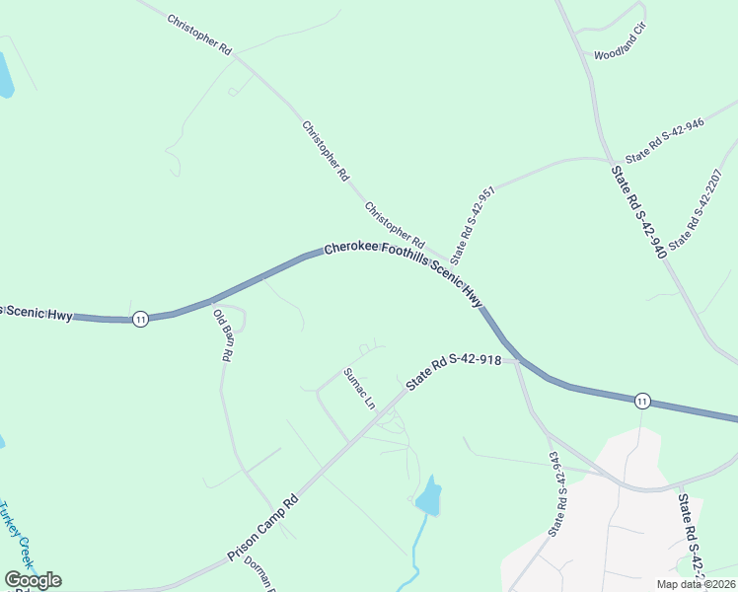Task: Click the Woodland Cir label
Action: click(x=619, y=55)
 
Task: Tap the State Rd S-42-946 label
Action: click(x=664, y=140)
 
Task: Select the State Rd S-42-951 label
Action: click(x=473, y=222)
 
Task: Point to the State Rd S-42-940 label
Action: click(x=638, y=213)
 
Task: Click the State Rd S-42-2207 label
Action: click(x=697, y=208)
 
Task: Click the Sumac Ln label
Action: click(x=359, y=389)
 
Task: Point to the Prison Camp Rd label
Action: click(x=262, y=529)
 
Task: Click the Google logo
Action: click(x=33, y=579)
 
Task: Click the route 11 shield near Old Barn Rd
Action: click(x=141, y=319)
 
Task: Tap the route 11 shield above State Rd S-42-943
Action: click(x=642, y=400)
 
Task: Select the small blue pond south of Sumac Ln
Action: click(x=428, y=496)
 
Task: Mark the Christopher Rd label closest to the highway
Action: click(x=394, y=225)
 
